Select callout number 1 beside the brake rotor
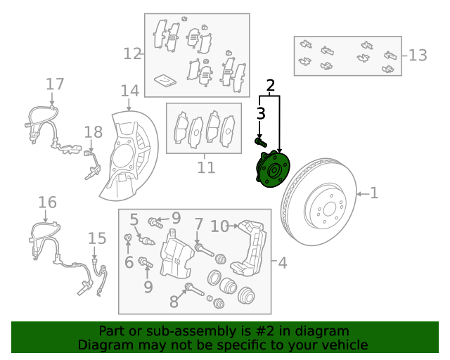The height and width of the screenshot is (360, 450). (374, 192)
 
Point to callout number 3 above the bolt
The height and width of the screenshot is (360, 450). (260, 113)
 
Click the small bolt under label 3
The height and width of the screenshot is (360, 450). (260, 142)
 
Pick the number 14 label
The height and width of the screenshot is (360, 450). (129, 91)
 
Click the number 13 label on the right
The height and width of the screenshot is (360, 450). (417, 55)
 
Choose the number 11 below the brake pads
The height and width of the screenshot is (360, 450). (205, 167)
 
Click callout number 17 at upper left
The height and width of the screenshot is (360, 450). (55, 85)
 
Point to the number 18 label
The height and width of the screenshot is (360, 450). (94, 132)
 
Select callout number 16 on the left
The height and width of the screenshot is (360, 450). (47, 203)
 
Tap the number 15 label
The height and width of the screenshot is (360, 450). (97, 239)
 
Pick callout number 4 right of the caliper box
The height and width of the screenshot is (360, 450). (282, 263)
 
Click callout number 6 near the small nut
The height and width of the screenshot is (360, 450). (129, 262)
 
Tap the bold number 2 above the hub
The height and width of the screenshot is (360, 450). (270, 86)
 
